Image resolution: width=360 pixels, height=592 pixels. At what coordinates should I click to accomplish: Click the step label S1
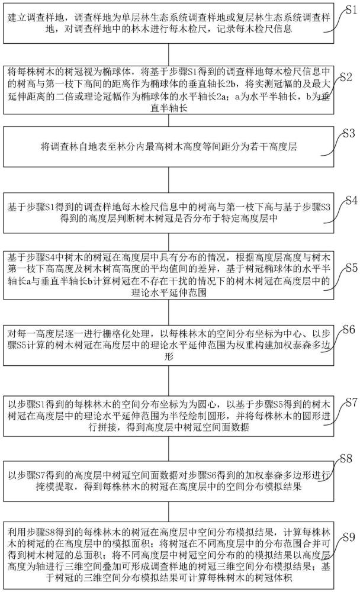350,7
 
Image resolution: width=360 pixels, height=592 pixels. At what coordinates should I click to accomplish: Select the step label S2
347,78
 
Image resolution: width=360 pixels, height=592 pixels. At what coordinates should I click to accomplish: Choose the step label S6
349,329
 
